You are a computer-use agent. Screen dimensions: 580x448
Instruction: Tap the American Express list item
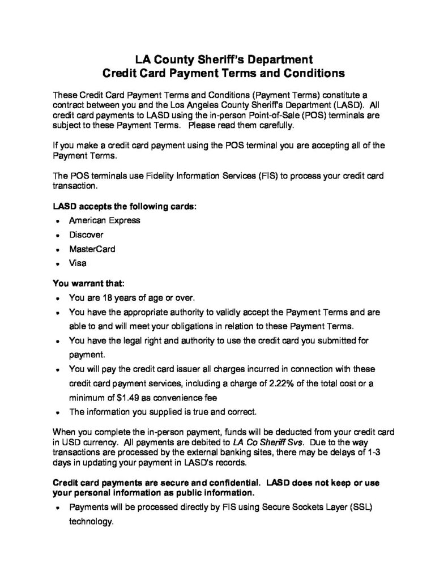(x=104, y=220)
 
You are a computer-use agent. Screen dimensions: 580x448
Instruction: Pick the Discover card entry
(x=86, y=234)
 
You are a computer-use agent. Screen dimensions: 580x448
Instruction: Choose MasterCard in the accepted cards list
(x=92, y=249)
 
